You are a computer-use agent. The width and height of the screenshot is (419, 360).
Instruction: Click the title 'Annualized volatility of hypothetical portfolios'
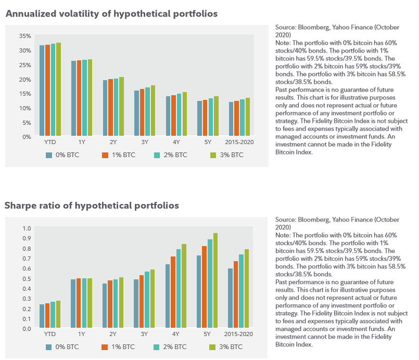coord(112,14)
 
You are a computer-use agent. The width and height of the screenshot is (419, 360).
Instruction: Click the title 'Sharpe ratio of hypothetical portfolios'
coord(92,205)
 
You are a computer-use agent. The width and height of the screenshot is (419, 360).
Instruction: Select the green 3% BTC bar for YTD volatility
coord(58,89)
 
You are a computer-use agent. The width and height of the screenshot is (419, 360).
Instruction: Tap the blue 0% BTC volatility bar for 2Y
coord(105,108)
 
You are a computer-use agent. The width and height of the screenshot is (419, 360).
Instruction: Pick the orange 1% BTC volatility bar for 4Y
coord(174,115)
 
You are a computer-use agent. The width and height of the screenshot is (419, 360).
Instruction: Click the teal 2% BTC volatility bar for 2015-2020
coord(242,118)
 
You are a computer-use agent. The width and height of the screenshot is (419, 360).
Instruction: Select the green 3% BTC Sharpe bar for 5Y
coord(215,280)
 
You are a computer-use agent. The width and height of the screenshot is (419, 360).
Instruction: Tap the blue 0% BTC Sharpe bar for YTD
coord(42,316)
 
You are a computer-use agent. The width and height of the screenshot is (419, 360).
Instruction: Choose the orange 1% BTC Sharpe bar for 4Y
coord(173,292)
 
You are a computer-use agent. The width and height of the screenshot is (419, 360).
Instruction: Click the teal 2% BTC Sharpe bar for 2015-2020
coord(242,291)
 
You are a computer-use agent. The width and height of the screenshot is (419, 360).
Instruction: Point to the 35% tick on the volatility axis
coord(25,36)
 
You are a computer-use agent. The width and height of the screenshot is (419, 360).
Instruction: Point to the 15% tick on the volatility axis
coord(25,94)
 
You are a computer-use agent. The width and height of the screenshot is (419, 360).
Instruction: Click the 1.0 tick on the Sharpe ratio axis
coord(27,228)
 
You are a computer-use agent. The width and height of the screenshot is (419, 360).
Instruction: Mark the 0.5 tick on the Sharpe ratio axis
coord(27,278)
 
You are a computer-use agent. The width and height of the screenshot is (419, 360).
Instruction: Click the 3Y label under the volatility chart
coord(145,142)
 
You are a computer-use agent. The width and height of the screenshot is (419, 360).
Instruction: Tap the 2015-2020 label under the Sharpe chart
coord(238,334)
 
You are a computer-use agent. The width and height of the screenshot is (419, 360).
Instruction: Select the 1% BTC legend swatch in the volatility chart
coord(105,155)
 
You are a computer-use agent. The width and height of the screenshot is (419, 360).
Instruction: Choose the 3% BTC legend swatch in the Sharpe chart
coord(212,347)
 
